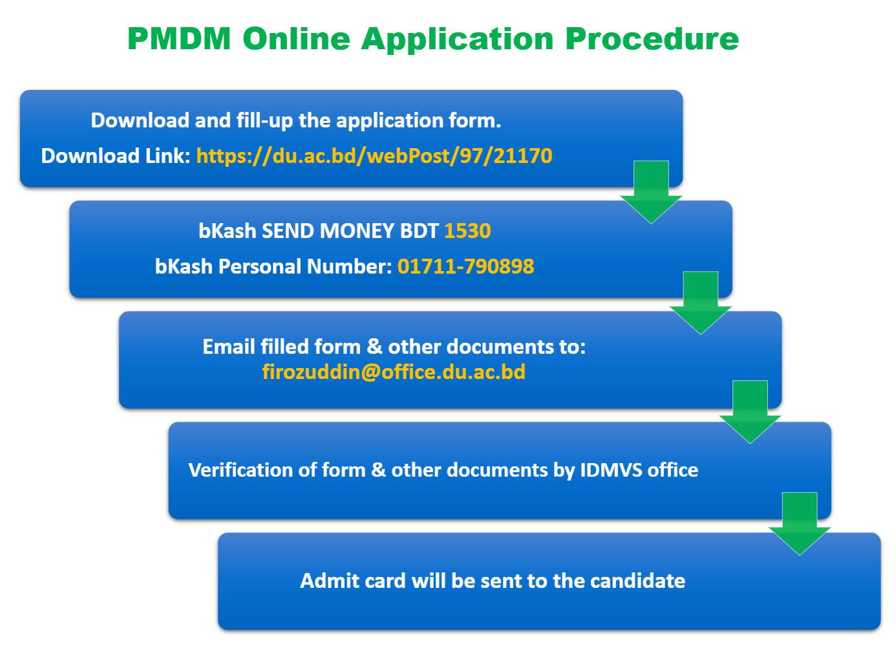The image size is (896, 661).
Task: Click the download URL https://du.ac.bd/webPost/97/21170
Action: [374, 156]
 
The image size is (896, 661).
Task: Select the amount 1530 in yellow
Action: [467, 231]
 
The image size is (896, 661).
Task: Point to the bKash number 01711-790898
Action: [465, 266]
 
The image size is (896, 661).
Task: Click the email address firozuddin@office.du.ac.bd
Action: [394, 372]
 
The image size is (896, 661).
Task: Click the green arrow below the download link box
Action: [651, 193]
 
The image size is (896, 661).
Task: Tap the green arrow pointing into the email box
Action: [701, 303]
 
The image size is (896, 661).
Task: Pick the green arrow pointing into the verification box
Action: [750, 412]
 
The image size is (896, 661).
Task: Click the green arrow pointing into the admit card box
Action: [800, 524]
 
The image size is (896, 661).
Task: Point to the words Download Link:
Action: [116, 156]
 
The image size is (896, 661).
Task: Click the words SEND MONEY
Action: [328, 231]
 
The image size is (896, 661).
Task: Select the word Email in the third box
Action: [229, 347]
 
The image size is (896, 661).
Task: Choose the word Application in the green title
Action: [458, 40]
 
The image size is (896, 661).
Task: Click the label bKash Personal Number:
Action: [273, 266]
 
